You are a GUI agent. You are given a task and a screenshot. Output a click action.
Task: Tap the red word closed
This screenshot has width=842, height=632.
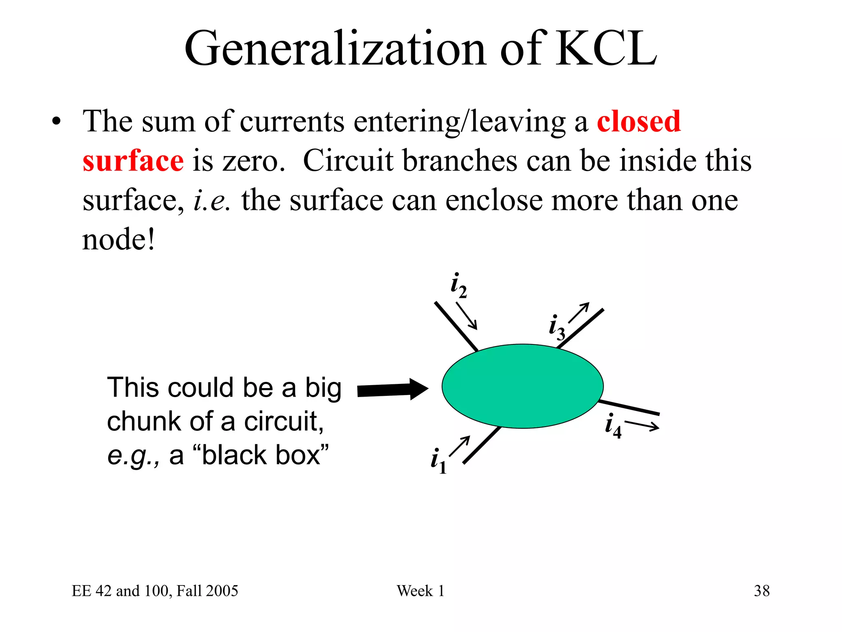pos(638,122)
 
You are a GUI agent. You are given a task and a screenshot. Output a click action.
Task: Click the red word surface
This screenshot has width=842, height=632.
pos(133,161)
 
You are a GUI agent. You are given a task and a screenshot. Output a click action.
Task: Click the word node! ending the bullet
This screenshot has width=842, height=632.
pos(118,239)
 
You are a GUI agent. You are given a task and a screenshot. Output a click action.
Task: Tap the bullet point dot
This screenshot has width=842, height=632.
pos(56,122)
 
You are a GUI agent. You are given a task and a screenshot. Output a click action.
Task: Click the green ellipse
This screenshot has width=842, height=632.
pos(522,386)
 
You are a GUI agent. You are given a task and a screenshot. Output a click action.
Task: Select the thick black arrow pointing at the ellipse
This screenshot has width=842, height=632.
pos(392,389)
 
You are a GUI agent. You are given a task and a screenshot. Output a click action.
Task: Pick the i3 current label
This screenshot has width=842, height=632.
pos(557,328)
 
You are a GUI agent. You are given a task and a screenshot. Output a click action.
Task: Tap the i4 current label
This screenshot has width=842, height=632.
pos(613,425)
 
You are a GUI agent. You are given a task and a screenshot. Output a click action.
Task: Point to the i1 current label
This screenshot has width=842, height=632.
pos(438,461)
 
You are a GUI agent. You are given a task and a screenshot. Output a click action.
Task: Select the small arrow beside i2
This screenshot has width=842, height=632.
pos(467,316)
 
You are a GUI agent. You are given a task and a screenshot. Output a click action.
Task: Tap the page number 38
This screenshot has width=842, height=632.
pos(761,591)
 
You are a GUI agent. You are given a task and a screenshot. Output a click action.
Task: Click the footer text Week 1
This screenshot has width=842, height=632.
pos(420,591)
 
